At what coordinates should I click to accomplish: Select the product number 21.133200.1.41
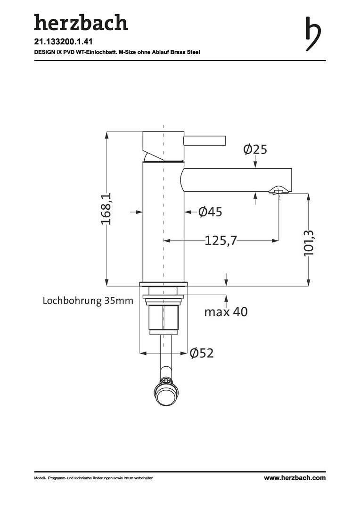(x=61, y=41)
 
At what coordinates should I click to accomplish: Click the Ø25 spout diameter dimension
(x=255, y=149)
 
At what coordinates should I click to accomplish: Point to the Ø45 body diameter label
(x=210, y=212)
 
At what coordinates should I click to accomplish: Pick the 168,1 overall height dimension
(x=106, y=208)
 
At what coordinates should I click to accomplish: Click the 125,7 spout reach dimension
(x=221, y=240)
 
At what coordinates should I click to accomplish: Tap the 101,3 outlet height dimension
(x=308, y=243)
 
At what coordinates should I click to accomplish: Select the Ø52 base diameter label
(x=202, y=353)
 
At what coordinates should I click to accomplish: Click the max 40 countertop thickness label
(x=226, y=312)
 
